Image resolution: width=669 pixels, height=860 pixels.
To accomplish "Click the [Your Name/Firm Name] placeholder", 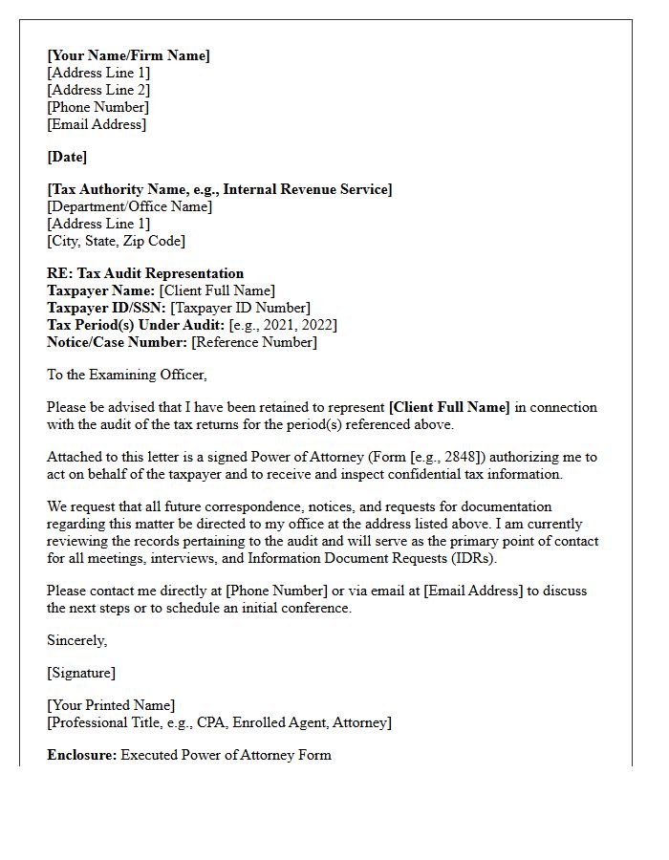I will (x=128, y=55).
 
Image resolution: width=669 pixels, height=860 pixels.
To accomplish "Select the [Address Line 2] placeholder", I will (x=98, y=90).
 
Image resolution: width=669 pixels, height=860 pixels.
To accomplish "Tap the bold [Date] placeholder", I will (x=67, y=157).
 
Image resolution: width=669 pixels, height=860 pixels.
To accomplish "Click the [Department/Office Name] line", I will (x=129, y=206).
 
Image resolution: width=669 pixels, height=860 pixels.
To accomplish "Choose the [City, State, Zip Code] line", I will (x=116, y=241).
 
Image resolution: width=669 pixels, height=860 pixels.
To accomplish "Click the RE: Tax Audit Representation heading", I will (x=145, y=273).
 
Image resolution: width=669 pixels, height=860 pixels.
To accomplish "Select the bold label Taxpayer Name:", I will (x=100, y=290).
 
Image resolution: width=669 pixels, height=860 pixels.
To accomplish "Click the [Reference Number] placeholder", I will (x=254, y=342).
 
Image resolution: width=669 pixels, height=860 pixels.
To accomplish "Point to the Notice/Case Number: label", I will (x=117, y=342).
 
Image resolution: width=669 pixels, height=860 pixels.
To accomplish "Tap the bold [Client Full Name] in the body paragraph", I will (x=449, y=407).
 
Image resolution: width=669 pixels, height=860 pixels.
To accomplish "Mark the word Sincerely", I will (x=76, y=640).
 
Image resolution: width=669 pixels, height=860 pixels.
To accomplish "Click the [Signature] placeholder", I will (x=81, y=673).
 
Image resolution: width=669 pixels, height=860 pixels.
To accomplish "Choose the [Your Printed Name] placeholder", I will (x=111, y=705).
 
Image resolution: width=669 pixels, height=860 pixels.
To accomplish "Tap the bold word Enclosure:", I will (x=81, y=755).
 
